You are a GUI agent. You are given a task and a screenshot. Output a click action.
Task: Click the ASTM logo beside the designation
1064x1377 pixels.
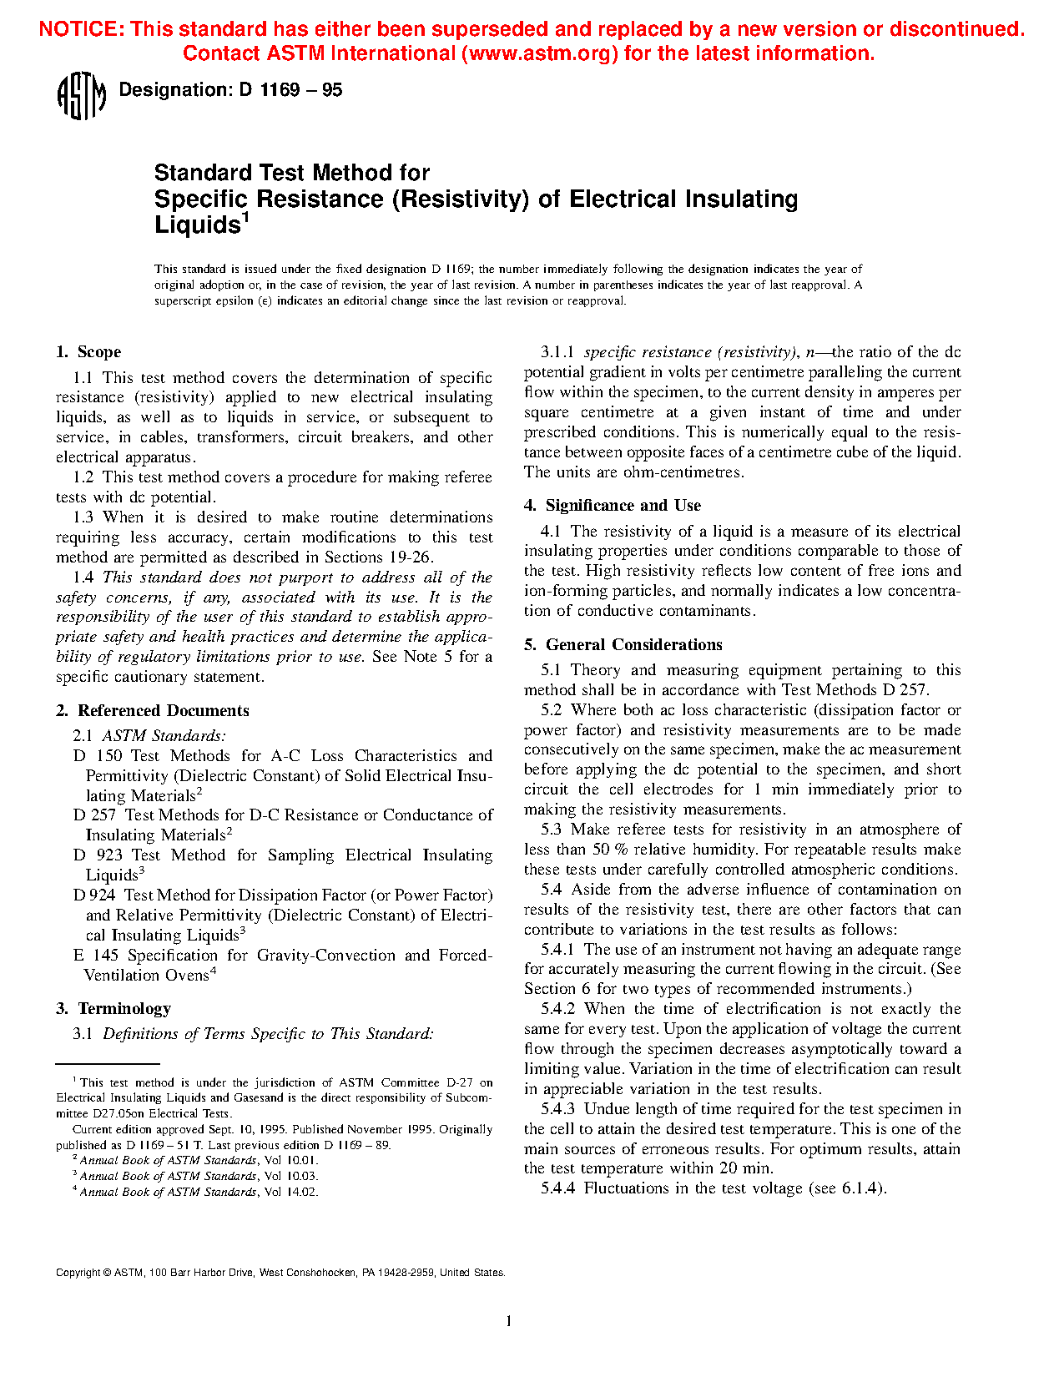(x=81, y=96)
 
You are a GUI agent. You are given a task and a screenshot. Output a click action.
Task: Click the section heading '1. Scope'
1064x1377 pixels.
(x=88, y=352)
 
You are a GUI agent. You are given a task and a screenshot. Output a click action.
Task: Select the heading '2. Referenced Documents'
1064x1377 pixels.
(x=153, y=711)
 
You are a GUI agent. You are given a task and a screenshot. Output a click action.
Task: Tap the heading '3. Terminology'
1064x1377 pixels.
(x=113, y=1009)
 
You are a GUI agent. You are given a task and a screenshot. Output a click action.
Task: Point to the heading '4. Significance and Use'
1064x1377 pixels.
(x=613, y=506)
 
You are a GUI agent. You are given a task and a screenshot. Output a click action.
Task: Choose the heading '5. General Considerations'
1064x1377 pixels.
(x=623, y=645)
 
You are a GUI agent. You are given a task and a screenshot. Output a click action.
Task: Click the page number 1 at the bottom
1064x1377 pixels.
(x=509, y=1320)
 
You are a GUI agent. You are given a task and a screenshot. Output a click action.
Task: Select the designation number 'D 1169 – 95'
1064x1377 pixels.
(x=290, y=90)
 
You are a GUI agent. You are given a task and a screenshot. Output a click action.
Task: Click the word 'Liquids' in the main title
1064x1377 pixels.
(x=198, y=225)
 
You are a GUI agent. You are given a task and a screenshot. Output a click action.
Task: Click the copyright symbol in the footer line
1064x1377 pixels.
(x=107, y=1274)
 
